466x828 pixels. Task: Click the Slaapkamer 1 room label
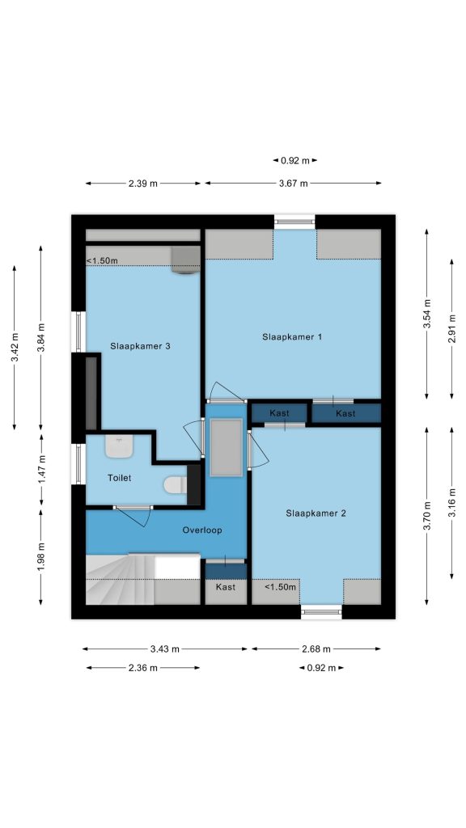292,337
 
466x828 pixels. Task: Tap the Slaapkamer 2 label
316,513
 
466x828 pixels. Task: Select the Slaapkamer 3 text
140,346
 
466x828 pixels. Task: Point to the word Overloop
202,530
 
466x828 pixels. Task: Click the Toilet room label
120,478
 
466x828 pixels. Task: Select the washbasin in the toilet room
120,446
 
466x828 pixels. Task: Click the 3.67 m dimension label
293,184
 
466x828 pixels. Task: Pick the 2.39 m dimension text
142,184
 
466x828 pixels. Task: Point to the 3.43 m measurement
163,649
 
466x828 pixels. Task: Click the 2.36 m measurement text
142,668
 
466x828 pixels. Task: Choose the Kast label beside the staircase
226,587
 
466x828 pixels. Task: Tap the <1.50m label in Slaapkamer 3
102,260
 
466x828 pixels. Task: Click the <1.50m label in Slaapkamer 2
280,587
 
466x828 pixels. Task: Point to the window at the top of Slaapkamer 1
294,222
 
